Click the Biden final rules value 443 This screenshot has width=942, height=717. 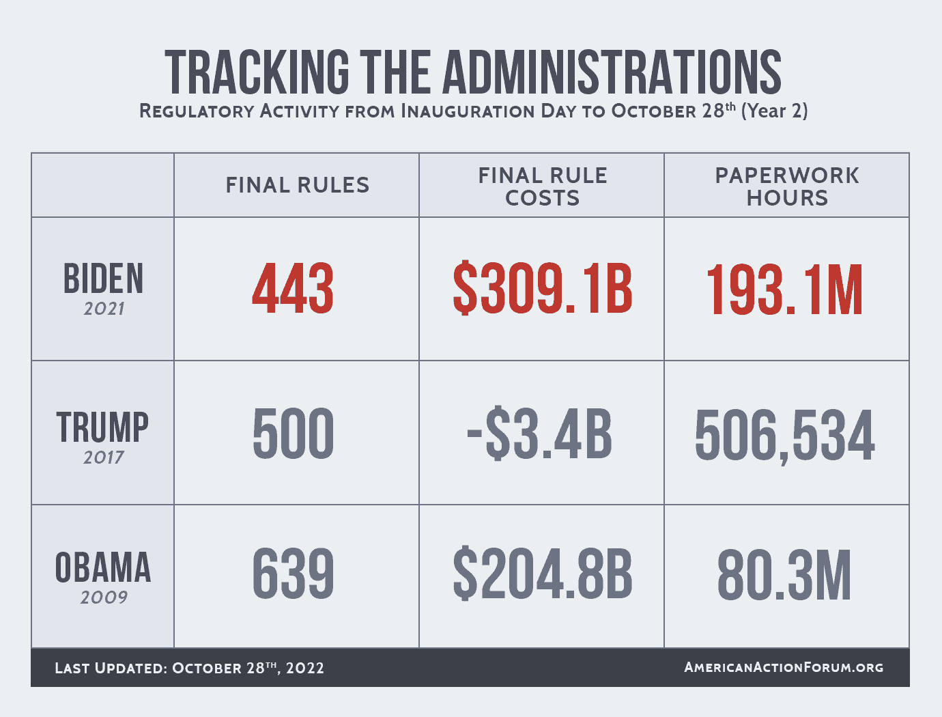click(293, 290)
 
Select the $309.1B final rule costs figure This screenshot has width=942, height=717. click(543, 290)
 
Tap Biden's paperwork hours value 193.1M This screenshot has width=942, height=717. click(785, 291)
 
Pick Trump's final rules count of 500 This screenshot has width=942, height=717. click(293, 434)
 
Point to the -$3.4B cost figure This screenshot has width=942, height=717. click(539, 434)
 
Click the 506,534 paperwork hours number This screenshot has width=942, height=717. click(785, 436)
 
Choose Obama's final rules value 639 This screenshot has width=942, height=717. click(294, 575)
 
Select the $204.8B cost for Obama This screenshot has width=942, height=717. click(543, 576)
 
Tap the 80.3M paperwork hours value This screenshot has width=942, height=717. click(784, 576)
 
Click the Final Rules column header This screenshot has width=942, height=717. click(298, 185)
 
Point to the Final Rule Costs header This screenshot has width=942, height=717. click(543, 186)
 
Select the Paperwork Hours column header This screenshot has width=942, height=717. click(787, 186)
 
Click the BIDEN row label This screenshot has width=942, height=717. click(104, 279)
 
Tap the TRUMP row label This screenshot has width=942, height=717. click(102, 427)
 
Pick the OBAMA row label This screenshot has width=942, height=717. click(103, 568)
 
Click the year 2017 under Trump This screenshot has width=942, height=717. click(104, 458)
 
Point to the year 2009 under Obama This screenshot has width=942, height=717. click(104, 597)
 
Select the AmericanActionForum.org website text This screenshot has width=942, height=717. click(784, 667)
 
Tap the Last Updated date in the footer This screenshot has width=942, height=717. click(189, 668)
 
